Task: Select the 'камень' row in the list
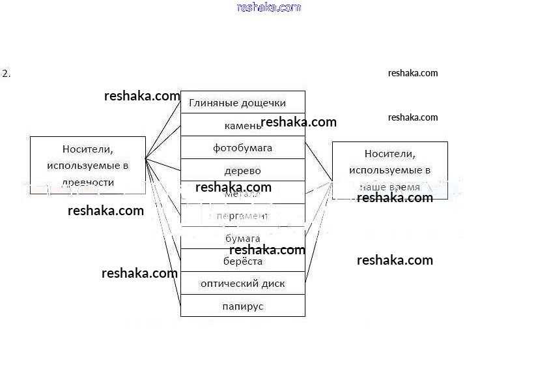point(242,125)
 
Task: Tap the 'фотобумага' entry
point(242,148)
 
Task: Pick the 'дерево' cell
point(242,171)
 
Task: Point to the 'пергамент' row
point(242,216)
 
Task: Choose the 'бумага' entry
point(242,239)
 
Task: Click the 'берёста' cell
point(242,261)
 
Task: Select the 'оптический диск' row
point(242,284)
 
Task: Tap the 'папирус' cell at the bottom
point(242,306)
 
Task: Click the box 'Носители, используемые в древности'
point(87,166)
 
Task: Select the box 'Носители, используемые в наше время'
point(389,170)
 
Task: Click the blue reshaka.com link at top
point(269,8)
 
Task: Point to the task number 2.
point(7,74)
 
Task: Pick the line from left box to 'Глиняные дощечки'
point(163,130)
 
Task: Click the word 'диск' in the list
point(272,284)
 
